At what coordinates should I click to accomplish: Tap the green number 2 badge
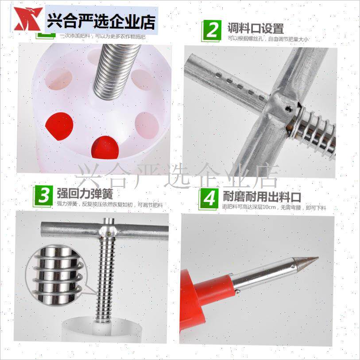coord(213,30)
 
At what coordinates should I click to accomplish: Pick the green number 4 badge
coord(209,198)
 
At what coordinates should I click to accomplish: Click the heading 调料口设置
coord(255,29)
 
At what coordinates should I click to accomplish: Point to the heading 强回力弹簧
coord(85,194)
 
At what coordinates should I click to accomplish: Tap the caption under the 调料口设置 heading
coord(268,39)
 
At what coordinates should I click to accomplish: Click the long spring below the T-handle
coord(104,279)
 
